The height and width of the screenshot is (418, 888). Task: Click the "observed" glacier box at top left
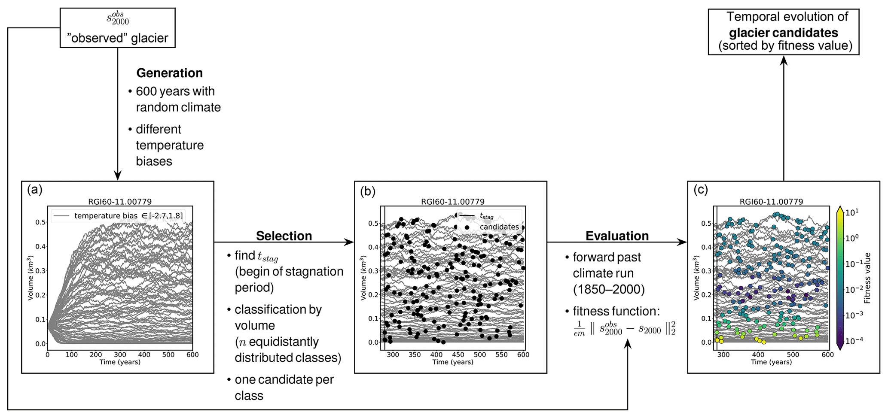point(117,28)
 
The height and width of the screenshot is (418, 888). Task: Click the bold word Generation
point(169,73)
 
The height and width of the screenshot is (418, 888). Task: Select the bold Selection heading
point(284,236)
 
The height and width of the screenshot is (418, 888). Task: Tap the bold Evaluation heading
point(617,236)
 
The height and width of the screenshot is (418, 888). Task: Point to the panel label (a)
point(35,190)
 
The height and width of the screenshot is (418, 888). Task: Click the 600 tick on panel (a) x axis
point(192,355)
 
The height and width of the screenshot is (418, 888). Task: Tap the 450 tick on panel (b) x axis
point(458,355)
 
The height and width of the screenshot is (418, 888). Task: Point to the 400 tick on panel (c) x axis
point(758,355)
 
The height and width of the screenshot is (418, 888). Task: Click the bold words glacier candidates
point(783,33)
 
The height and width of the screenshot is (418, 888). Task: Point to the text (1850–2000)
point(609,290)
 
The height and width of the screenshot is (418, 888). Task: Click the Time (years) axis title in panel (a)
point(120,362)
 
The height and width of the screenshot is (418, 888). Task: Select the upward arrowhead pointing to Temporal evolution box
point(784,61)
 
